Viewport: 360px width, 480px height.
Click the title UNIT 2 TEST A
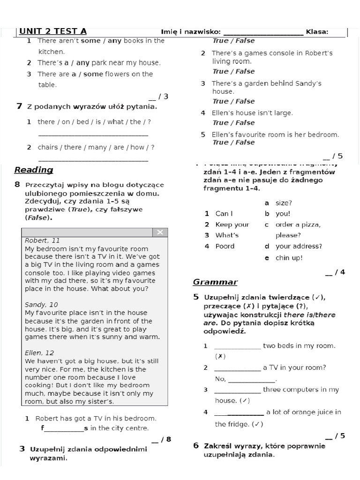[x=52, y=31]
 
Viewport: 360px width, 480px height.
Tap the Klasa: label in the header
[x=317, y=32]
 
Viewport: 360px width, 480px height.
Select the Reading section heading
[x=34, y=170]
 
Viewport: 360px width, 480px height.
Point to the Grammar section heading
[x=215, y=282]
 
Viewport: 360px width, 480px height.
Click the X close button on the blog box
[x=160, y=232]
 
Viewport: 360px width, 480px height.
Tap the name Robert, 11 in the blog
[x=42, y=240]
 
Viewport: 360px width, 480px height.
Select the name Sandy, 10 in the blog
[x=41, y=305]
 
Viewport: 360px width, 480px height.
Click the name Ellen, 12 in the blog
[x=39, y=352]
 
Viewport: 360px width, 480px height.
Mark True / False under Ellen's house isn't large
[x=233, y=123]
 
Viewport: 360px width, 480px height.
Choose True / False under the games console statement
[x=233, y=71]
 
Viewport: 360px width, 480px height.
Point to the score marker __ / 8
[x=161, y=439]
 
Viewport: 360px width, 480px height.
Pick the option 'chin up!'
[x=289, y=258]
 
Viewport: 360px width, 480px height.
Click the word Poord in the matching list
[x=225, y=246]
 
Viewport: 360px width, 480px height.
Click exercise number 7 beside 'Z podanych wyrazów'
[x=19, y=106]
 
